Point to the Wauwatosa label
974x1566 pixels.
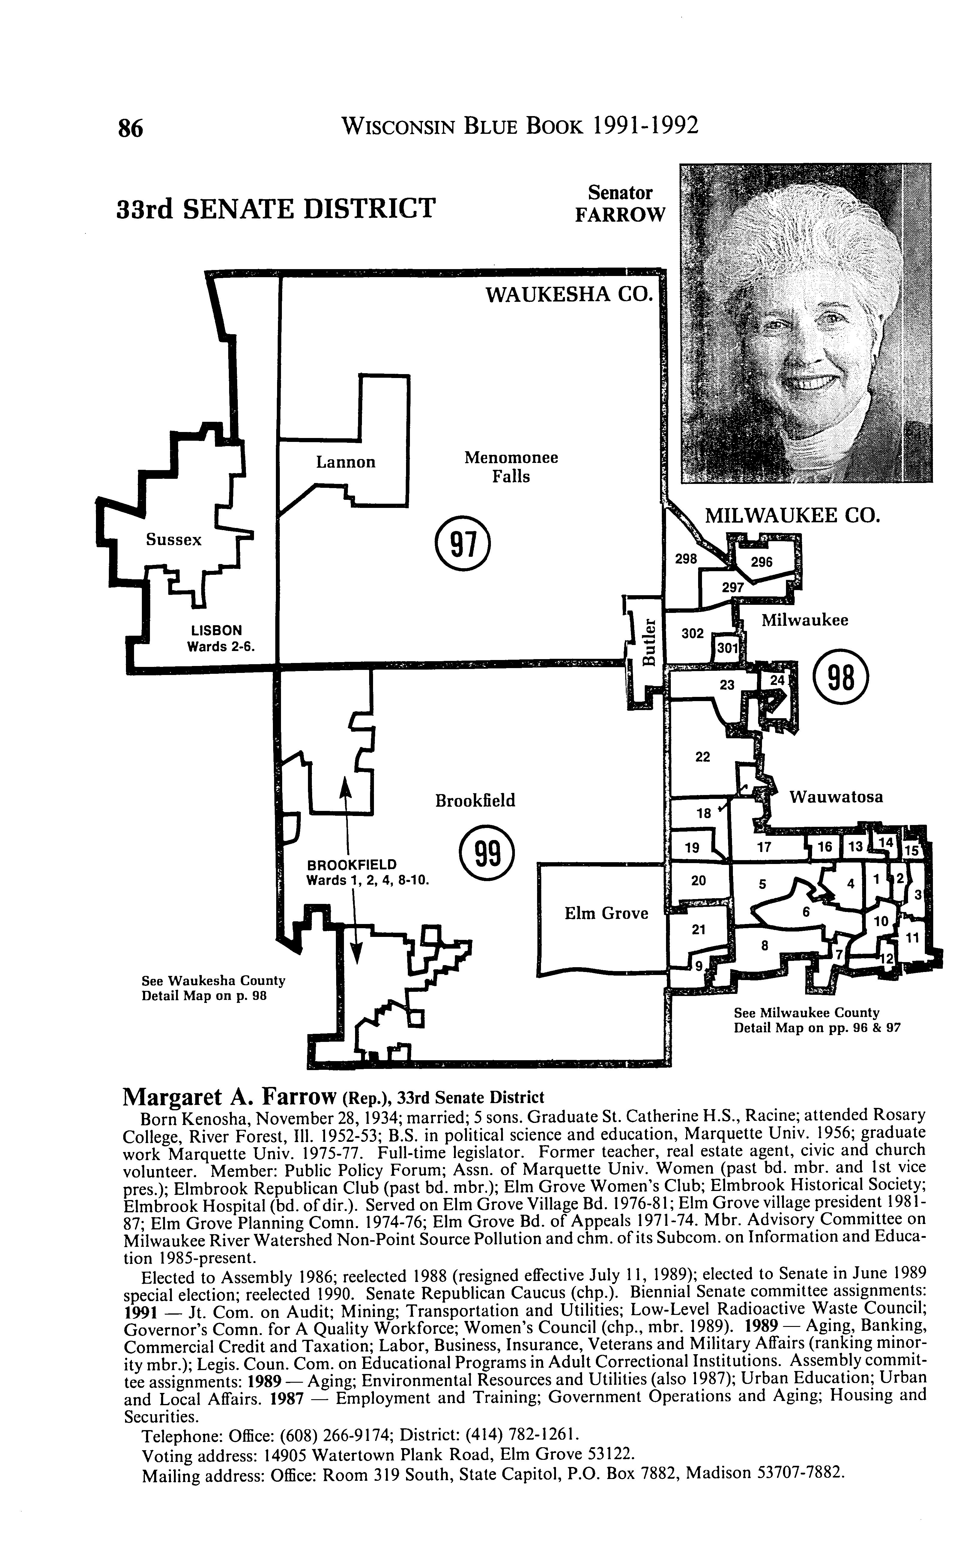(836, 797)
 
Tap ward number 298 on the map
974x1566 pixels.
(686, 559)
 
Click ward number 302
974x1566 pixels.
(692, 634)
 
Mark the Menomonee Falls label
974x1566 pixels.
(511, 467)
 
